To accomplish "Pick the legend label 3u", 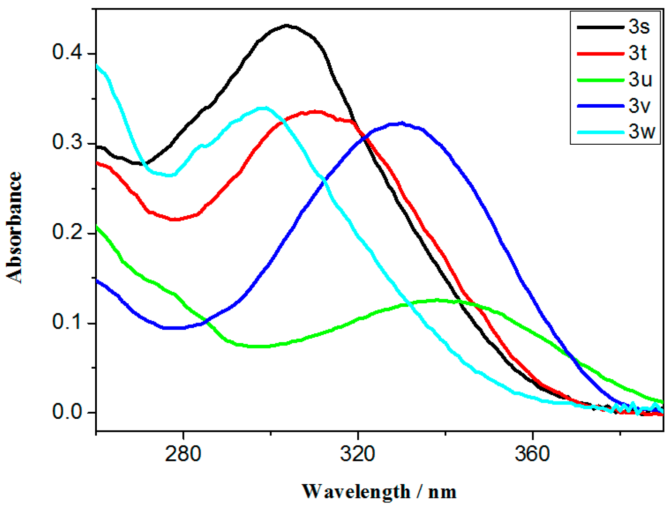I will tap(640, 80).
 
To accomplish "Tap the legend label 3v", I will tap(639, 106).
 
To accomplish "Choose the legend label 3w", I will tap(641, 132).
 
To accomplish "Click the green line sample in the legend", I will tap(600, 80).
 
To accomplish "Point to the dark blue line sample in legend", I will tap(600, 106).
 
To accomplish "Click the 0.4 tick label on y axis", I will tap(67, 52).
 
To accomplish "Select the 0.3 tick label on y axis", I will tap(67, 142).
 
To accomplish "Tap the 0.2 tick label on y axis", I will tap(67, 232).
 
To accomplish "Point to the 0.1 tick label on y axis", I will tap(67, 322).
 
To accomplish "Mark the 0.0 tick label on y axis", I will tap(67, 412).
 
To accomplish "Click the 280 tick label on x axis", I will tap(183, 454).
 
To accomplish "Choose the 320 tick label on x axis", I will tap(358, 454).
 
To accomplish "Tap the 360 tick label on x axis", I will tap(532, 454).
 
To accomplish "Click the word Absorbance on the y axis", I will tap(14, 227).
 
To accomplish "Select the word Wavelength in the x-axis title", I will tap(356, 492).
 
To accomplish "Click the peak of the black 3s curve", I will tap(287, 25).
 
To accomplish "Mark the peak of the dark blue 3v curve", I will tap(401, 123).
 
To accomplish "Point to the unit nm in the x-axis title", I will tap(442, 492).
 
